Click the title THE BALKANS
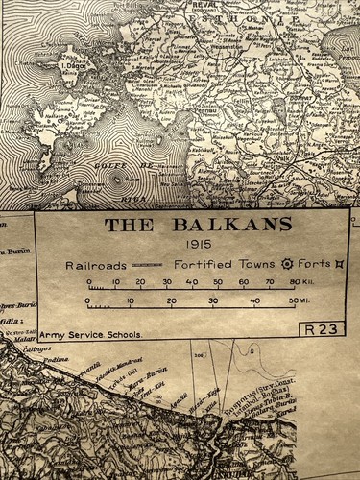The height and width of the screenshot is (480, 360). tap(198, 226)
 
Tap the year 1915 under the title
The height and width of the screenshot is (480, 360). tap(199, 246)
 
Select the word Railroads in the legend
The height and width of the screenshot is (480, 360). tap(96, 264)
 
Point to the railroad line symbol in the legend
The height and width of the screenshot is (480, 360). tap(147, 264)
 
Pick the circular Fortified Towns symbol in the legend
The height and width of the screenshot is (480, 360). tap(285, 264)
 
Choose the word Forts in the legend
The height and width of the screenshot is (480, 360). tap(314, 264)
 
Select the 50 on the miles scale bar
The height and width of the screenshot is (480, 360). tap(291, 301)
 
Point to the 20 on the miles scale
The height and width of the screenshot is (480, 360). tap(171, 301)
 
